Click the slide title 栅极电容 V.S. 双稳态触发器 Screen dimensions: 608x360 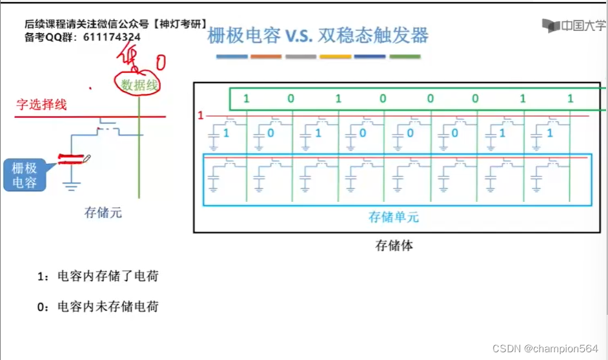[318, 35]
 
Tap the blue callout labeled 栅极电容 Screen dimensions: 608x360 [25, 175]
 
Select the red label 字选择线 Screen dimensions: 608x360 [42, 105]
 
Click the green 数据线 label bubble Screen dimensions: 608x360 [137, 84]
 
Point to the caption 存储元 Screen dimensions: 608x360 [103, 212]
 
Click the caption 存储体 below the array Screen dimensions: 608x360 [394, 245]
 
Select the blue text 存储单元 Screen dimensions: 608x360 [394, 217]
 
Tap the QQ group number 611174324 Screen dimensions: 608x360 [112, 37]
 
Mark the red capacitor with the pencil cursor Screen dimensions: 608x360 [72, 159]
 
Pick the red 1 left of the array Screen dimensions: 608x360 [200, 115]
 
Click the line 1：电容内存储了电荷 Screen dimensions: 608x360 [97, 276]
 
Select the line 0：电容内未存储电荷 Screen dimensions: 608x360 [97, 306]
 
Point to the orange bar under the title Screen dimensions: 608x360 [266, 57]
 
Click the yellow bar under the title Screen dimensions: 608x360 [336, 57]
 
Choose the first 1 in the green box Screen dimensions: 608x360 [246, 99]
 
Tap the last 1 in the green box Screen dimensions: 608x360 [570, 99]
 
